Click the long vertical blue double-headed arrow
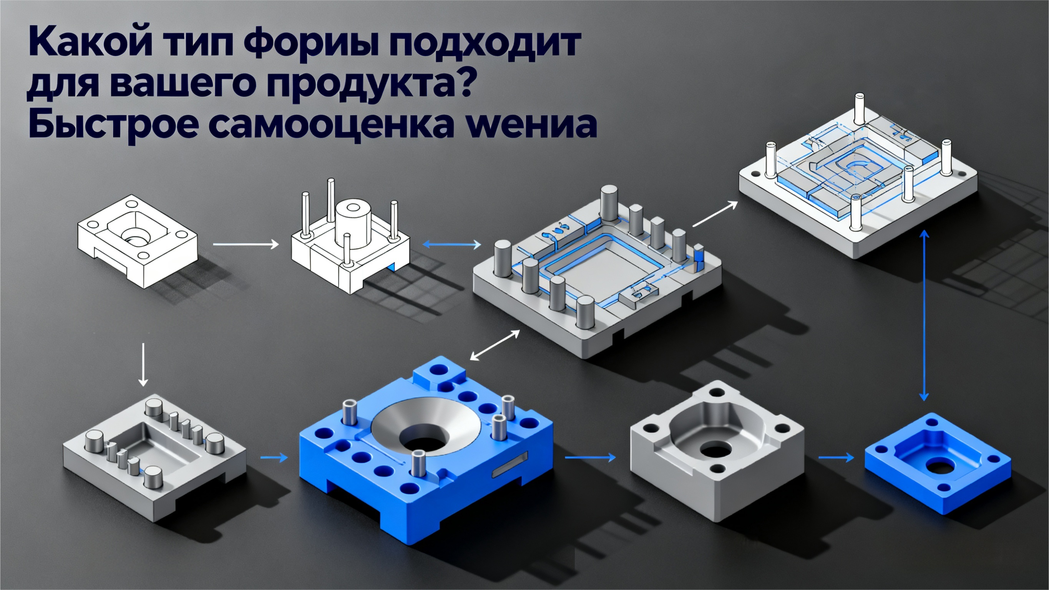coord(924,316)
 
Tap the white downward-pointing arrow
coord(143,365)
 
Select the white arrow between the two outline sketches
coord(246,244)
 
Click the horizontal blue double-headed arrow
coord(451,244)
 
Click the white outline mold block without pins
coord(138,240)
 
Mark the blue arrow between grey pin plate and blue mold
coord(274,457)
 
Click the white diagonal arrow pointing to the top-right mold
coord(715,214)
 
